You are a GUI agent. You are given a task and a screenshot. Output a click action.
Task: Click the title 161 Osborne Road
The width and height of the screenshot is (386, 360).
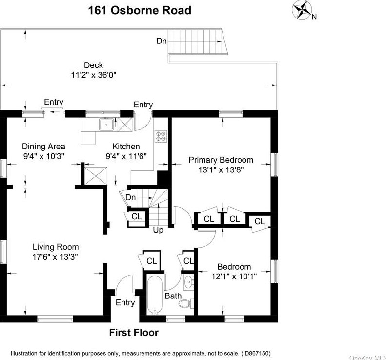[139, 10]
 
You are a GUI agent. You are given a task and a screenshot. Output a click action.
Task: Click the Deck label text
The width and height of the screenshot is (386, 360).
[93, 65]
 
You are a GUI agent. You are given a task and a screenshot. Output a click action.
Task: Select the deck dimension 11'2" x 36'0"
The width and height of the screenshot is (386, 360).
[93, 75]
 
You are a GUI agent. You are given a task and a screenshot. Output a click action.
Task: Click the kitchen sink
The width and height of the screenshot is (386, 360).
[106, 125]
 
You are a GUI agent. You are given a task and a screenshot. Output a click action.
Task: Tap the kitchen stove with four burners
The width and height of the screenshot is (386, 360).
[161, 136]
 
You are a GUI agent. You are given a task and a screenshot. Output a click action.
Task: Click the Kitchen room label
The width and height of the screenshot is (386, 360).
[126, 147]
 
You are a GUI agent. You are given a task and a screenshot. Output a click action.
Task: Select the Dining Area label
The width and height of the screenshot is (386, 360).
[43, 147]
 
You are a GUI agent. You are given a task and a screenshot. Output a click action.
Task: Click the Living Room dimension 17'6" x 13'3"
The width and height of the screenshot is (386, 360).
[55, 256]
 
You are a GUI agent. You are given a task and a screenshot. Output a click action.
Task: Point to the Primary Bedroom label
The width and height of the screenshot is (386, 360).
[221, 160]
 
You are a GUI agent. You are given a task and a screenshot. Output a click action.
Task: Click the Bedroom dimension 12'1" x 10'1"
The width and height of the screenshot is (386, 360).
[234, 276]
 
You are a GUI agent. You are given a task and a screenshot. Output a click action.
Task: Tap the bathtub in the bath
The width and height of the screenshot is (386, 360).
[154, 296]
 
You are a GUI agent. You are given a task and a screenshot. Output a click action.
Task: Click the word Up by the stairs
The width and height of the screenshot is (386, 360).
[158, 230]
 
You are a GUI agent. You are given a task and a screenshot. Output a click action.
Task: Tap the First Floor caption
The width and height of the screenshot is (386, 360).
[133, 333]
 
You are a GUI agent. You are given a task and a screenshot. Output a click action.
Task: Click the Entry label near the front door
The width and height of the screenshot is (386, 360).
[125, 303]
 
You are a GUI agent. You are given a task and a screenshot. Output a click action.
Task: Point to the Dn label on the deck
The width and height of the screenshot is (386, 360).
[162, 41]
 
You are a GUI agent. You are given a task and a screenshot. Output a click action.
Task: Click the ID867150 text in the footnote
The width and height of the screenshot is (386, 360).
[255, 353]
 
